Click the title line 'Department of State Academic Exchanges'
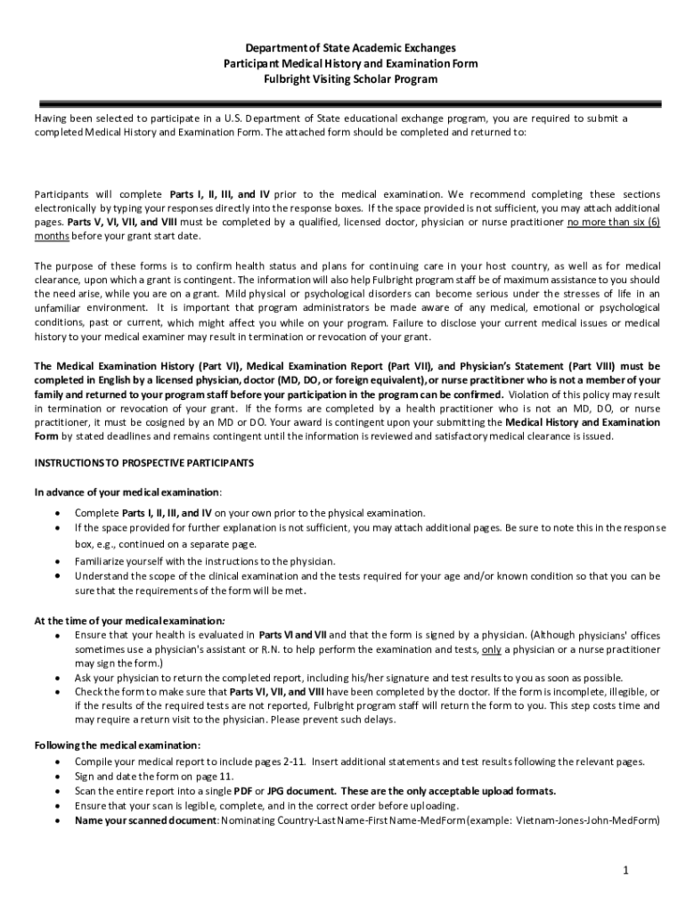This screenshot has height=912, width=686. click(x=350, y=47)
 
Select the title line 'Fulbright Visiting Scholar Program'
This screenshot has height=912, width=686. click(x=350, y=79)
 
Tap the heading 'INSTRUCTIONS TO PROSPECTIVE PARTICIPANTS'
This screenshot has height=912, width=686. click(x=144, y=463)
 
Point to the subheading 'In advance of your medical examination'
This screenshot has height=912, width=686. click(x=127, y=492)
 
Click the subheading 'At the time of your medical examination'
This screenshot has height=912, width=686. click(x=129, y=621)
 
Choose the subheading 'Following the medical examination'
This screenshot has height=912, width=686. click(x=117, y=745)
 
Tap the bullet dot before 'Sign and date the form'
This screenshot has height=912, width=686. click(x=58, y=777)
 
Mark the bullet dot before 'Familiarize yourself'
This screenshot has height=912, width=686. click(x=58, y=562)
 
